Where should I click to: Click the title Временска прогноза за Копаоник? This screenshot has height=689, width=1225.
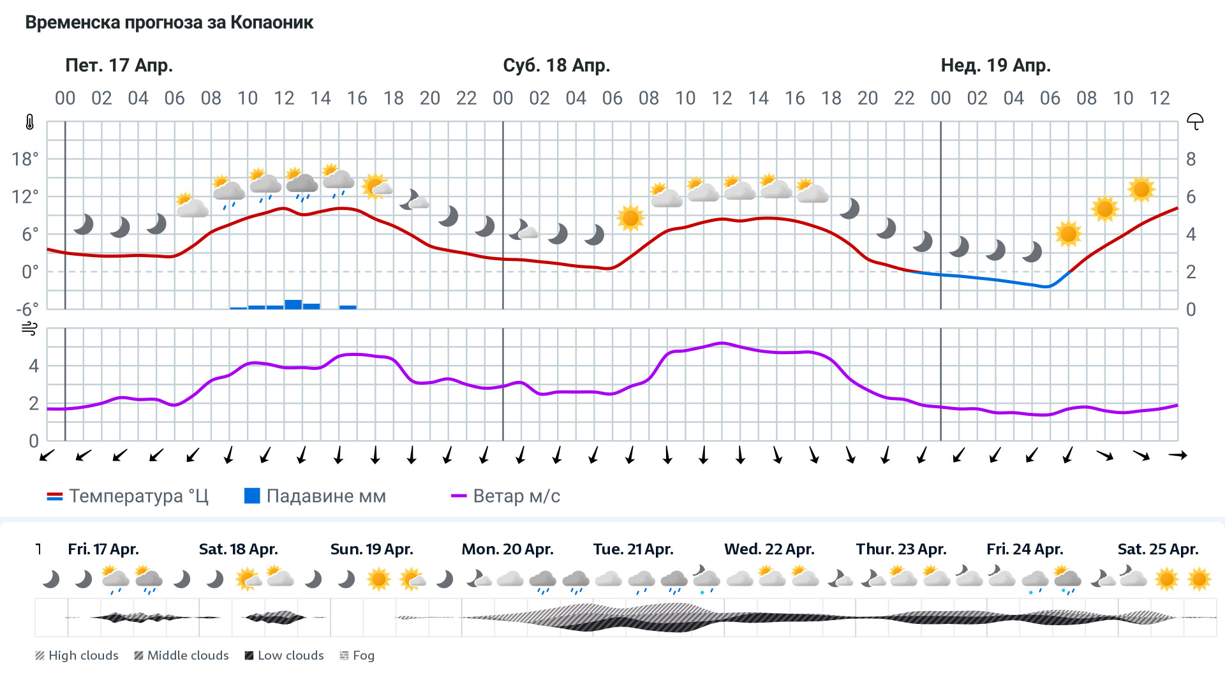(x=169, y=23)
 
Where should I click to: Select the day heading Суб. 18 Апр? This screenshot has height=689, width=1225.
(x=556, y=65)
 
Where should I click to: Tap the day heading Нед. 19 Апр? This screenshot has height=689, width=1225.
(x=995, y=65)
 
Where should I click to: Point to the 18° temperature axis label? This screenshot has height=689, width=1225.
(x=25, y=159)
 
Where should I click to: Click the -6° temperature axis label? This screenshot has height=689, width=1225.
(x=27, y=310)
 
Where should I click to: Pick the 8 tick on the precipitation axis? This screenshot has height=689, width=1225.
(x=1191, y=159)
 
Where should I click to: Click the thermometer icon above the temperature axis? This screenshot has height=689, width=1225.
(x=30, y=122)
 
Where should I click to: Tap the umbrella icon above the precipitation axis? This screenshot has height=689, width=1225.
(x=1194, y=121)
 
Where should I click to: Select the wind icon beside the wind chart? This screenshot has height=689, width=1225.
(x=30, y=329)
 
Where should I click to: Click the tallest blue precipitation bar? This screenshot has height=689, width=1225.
(x=293, y=304)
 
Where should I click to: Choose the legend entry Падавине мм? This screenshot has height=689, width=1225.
(x=315, y=496)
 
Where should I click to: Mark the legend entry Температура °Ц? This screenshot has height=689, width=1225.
(x=128, y=496)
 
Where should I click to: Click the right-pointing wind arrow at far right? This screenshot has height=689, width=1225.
(x=1177, y=455)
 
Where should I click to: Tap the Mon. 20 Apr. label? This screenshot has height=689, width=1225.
(x=507, y=549)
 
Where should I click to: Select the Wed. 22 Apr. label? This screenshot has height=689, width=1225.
(x=769, y=549)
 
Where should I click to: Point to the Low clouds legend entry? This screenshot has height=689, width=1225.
(x=284, y=656)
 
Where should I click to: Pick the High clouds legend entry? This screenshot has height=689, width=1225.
(x=77, y=656)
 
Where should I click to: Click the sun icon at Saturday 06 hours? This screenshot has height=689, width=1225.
(x=630, y=218)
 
